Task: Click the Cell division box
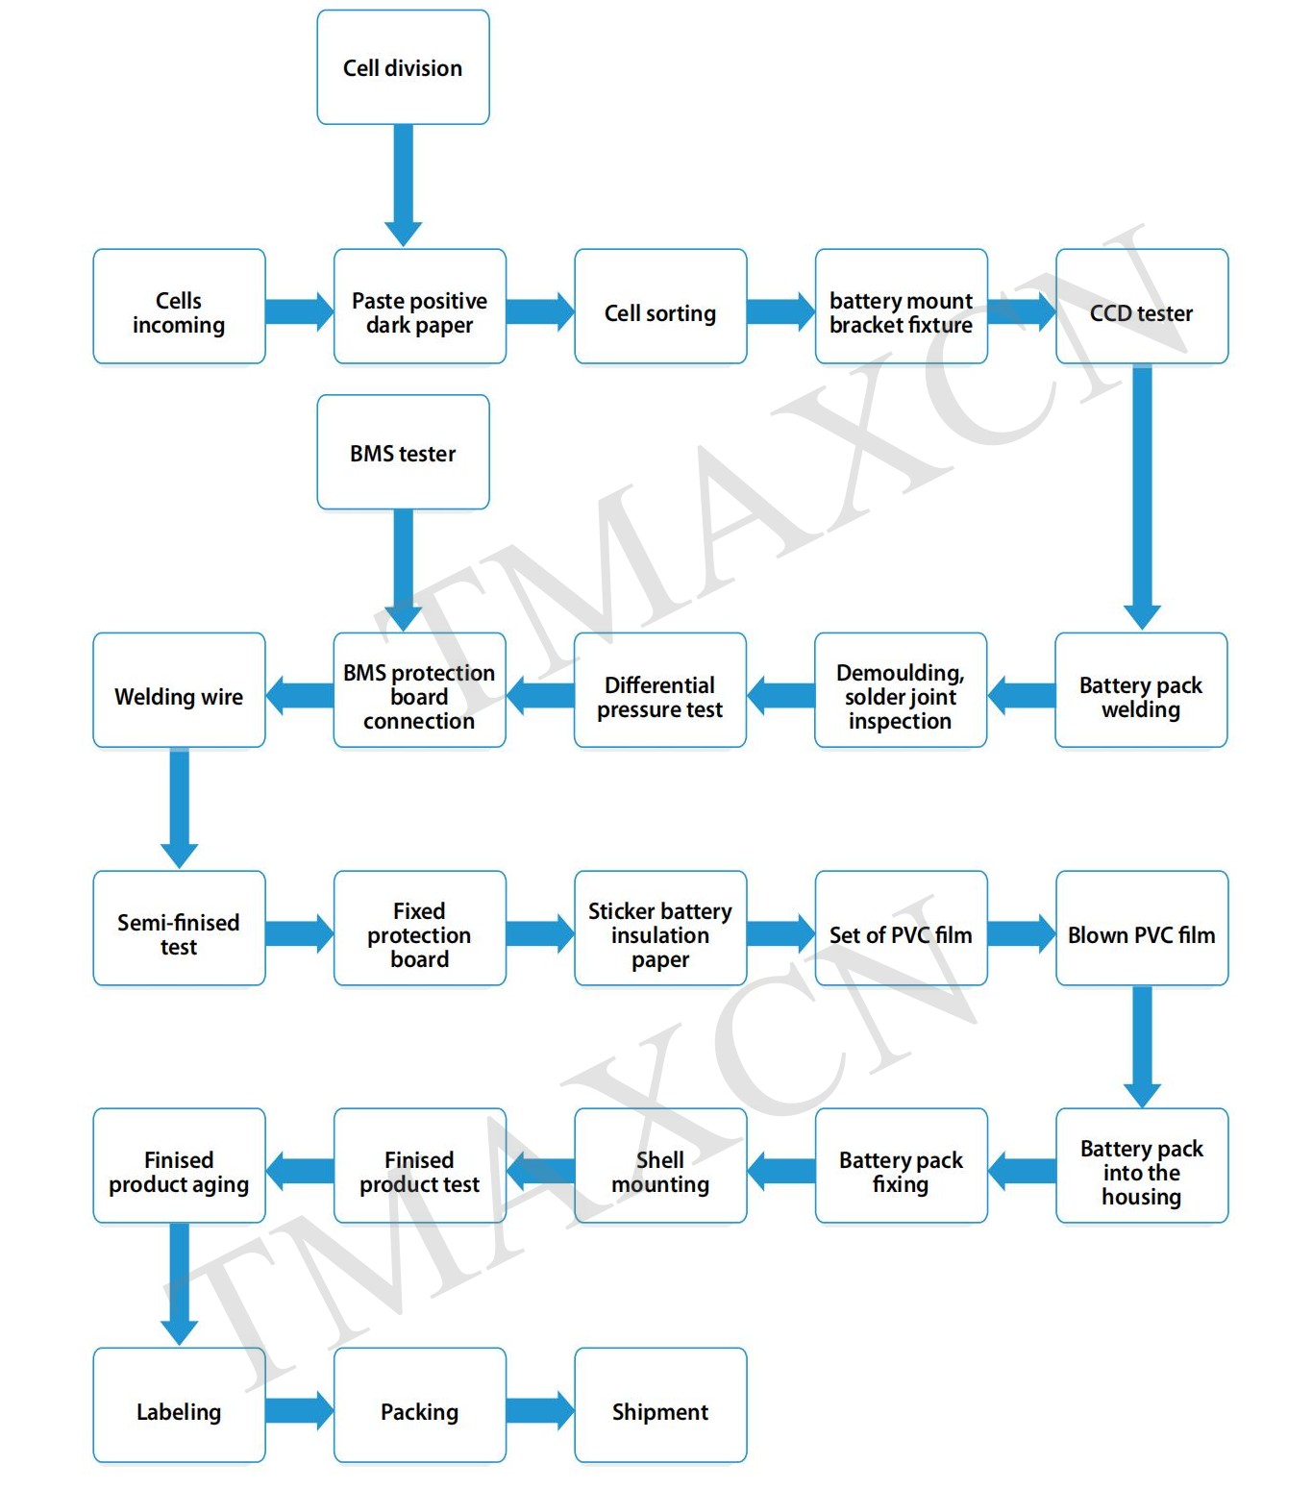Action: [403, 67]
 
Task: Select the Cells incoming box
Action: [179, 308]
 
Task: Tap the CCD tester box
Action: [1142, 308]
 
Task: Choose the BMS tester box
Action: [403, 452]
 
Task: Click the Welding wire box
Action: [179, 690]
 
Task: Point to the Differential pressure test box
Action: [659, 690]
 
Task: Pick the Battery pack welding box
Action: [1141, 690]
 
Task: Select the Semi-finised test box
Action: [179, 929]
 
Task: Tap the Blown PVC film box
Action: [1142, 929]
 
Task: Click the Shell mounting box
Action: [660, 1166]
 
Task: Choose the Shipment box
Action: [660, 1405]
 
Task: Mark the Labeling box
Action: [179, 1405]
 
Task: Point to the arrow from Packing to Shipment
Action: [540, 1410]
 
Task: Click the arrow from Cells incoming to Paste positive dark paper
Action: [299, 311]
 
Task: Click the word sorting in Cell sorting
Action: [681, 314]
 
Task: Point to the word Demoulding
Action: [900, 673]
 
